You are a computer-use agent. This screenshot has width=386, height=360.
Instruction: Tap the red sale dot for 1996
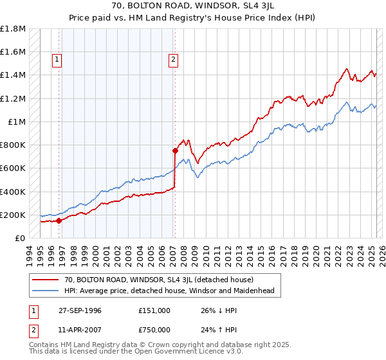tap(59, 221)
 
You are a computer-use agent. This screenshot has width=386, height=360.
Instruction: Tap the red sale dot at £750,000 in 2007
tap(175, 151)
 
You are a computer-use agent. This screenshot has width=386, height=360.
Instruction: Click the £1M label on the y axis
tap(16, 122)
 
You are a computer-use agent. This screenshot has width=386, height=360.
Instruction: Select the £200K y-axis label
tap(13, 215)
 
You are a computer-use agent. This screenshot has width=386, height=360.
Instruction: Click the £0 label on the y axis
tap(20, 239)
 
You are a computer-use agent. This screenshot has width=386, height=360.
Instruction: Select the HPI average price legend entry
tap(169, 291)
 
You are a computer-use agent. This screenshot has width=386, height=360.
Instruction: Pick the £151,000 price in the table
tap(154, 310)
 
